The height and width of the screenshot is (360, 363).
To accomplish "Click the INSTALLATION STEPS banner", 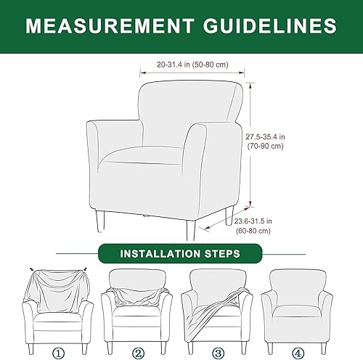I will [181, 255].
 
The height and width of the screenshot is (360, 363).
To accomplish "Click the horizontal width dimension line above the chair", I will [192, 72].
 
